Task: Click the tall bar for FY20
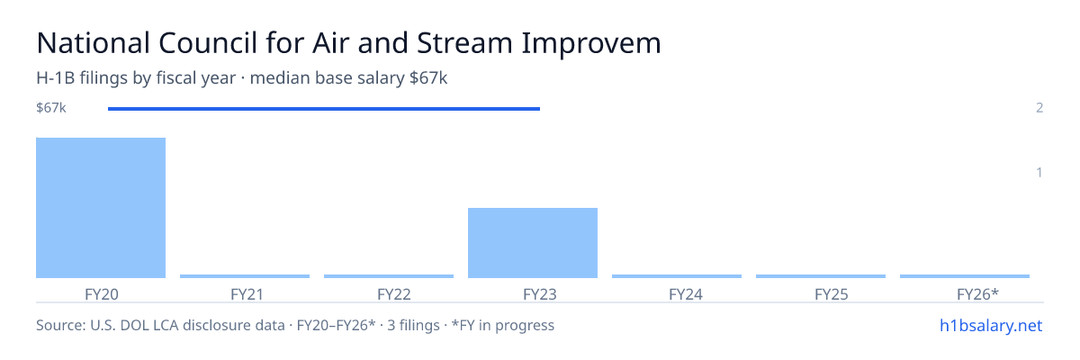(x=101, y=208)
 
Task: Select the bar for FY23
(x=533, y=243)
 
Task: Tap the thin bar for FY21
(x=245, y=276)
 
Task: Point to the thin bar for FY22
(x=389, y=276)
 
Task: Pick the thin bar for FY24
(x=677, y=276)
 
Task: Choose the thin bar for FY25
(x=821, y=276)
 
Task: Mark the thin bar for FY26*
(x=965, y=276)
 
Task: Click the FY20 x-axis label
(x=101, y=294)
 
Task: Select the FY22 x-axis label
(x=394, y=294)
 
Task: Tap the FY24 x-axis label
(x=686, y=294)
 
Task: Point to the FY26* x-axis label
(x=977, y=294)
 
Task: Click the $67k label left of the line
(x=51, y=108)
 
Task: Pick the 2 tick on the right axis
(x=1039, y=108)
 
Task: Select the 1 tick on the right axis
(x=1039, y=173)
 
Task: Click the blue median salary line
(x=324, y=109)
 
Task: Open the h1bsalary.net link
(x=991, y=326)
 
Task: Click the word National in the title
(x=94, y=43)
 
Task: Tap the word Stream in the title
(x=464, y=43)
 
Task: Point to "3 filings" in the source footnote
(x=413, y=326)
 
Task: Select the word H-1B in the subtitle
(x=56, y=78)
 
